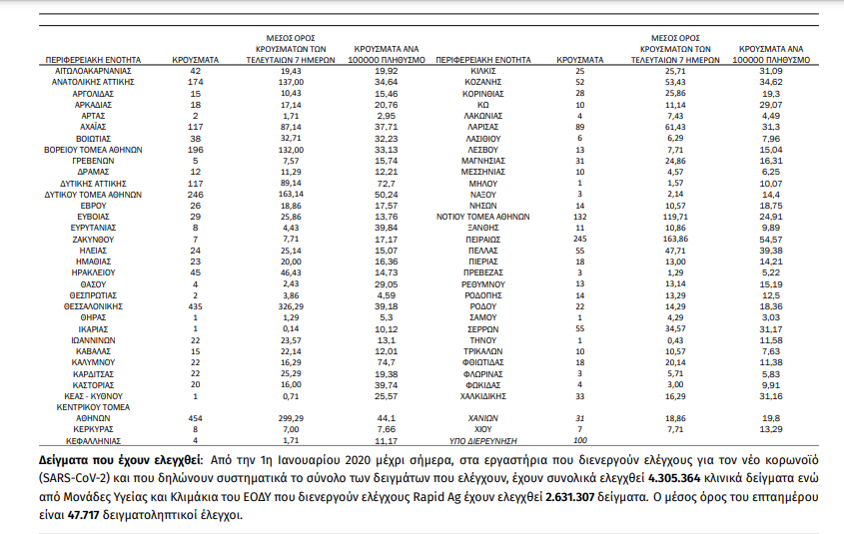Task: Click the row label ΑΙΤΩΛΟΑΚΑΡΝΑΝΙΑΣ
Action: (x=91, y=73)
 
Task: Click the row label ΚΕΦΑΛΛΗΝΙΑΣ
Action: (x=91, y=440)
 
